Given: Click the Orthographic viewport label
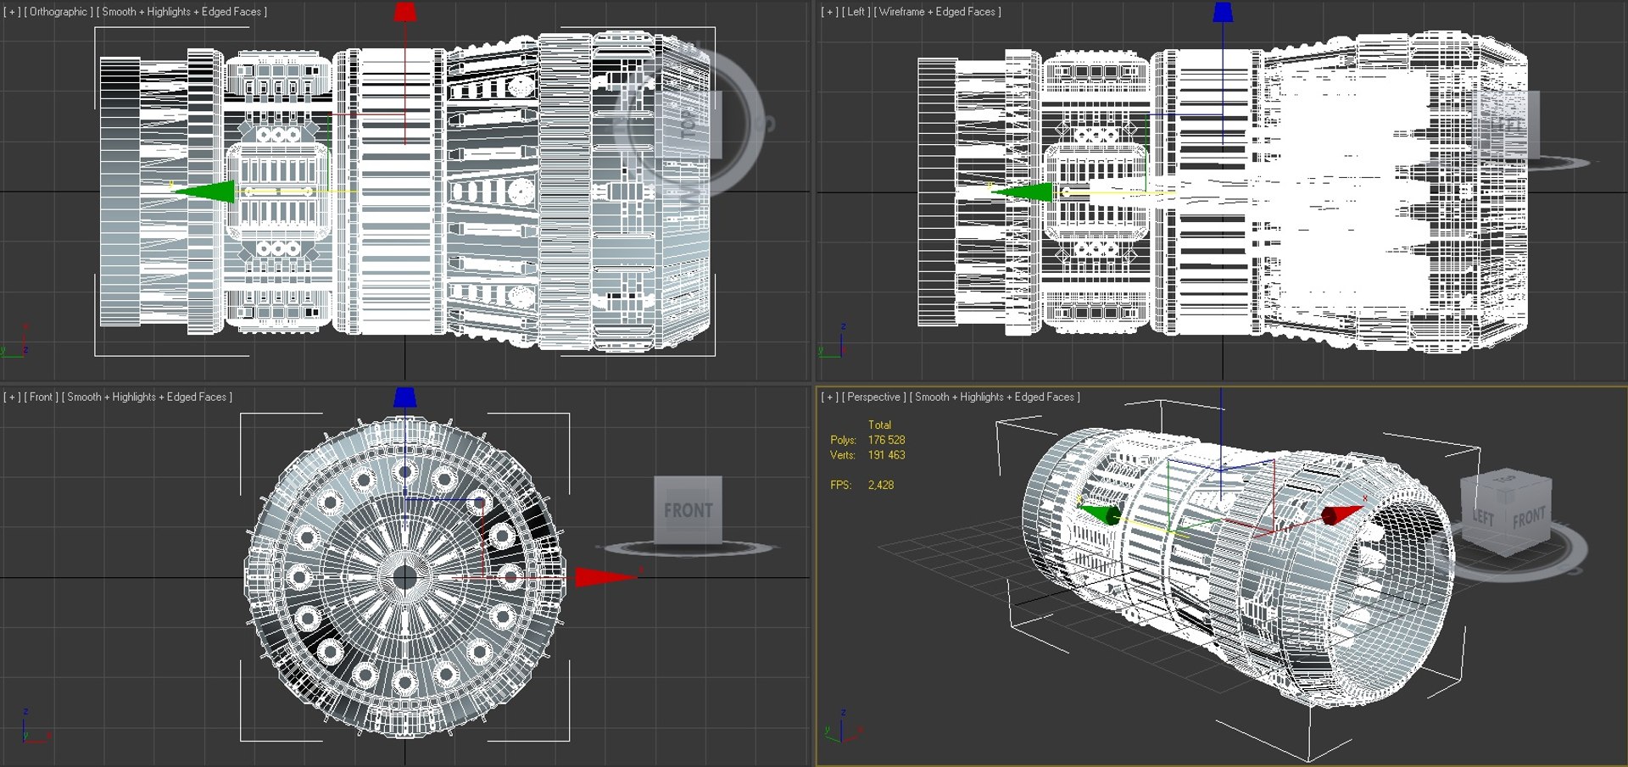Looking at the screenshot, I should (59, 12).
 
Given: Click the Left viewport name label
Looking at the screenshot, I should (856, 12).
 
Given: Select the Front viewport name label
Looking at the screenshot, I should (41, 397).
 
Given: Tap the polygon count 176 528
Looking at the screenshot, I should (886, 440).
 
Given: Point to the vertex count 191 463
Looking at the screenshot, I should (886, 455).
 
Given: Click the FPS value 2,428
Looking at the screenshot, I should (880, 485).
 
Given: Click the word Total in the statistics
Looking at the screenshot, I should (879, 425).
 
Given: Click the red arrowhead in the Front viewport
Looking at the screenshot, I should (604, 577).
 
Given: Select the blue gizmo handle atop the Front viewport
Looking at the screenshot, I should (405, 397).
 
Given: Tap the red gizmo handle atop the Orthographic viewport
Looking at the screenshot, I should (405, 12).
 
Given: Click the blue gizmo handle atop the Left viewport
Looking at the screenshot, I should (1223, 12).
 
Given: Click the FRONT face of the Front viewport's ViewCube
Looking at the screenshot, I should (688, 510).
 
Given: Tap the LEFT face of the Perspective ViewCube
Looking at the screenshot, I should (1483, 517).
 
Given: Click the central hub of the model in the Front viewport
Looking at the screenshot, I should (405, 577).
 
